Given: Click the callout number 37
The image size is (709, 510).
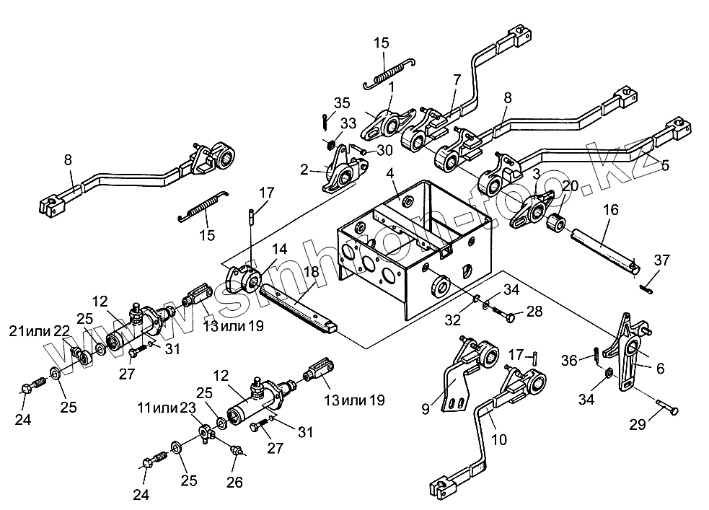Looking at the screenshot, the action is click(x=661, y=260).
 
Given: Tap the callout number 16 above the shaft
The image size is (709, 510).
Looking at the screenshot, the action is click(x=610, y=210).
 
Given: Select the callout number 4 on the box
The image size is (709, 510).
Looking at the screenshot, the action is click(x=389, y=173).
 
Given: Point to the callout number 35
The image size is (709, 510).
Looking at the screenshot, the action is click(x=342, y=103).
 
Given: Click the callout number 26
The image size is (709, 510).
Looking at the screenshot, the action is click(x=234, y=482).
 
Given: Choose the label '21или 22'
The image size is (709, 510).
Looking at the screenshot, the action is click(x=40, y=331).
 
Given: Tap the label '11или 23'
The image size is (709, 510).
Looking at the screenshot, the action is click(x=167, y=408).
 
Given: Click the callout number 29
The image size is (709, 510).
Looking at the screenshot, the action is click(x=638, y=425).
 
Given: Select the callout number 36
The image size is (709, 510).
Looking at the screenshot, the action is click(x=569, y=361).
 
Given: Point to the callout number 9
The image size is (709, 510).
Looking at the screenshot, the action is click(x=425, y=409).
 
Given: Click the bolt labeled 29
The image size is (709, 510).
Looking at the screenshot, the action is click(x=667, y=405).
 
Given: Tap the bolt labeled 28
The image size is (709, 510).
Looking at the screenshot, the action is click(x=503, y=315).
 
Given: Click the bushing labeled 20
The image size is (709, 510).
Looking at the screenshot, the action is click(x=556, y=224).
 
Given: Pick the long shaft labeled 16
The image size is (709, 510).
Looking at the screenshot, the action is click(x=605, y=251).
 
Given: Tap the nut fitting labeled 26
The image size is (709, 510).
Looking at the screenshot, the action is click(x=237, y=451).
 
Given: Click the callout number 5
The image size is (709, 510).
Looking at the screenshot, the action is click(x=664, y=165).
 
